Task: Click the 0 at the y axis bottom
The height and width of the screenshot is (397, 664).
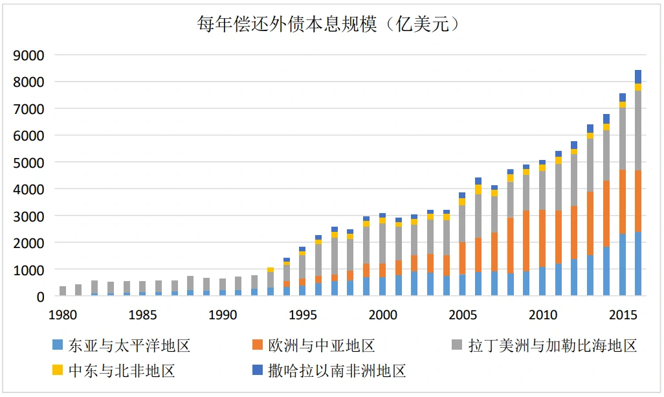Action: point(40,296)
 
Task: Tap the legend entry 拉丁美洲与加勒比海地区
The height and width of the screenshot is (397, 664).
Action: point(552,346)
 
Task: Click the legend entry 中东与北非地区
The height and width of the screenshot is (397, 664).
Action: point(122,371)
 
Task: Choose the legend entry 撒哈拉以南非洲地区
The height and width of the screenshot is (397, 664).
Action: point(337,371)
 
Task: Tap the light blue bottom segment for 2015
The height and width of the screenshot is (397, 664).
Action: point(622,265)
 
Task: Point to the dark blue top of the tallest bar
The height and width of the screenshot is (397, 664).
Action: point(638,76)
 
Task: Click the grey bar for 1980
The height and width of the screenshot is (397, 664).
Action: point(63,291)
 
